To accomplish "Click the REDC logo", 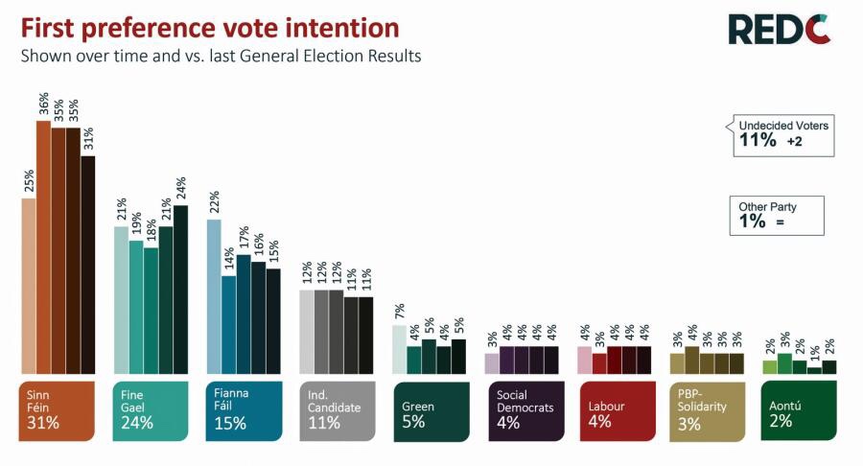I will coord(779,29).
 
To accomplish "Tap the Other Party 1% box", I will coord(776,215).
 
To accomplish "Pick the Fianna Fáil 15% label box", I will coord(244,410).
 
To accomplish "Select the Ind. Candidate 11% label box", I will coord(337,410).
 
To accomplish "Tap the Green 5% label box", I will coord(431,410).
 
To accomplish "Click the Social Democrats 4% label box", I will coord(524,410).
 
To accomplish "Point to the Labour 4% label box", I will coord(617,410).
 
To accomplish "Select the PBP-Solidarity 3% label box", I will coord(709,410).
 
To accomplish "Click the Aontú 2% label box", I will coord(797,410).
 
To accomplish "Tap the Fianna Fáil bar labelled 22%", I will coord(214,296).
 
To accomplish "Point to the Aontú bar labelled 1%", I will coord(814,370).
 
